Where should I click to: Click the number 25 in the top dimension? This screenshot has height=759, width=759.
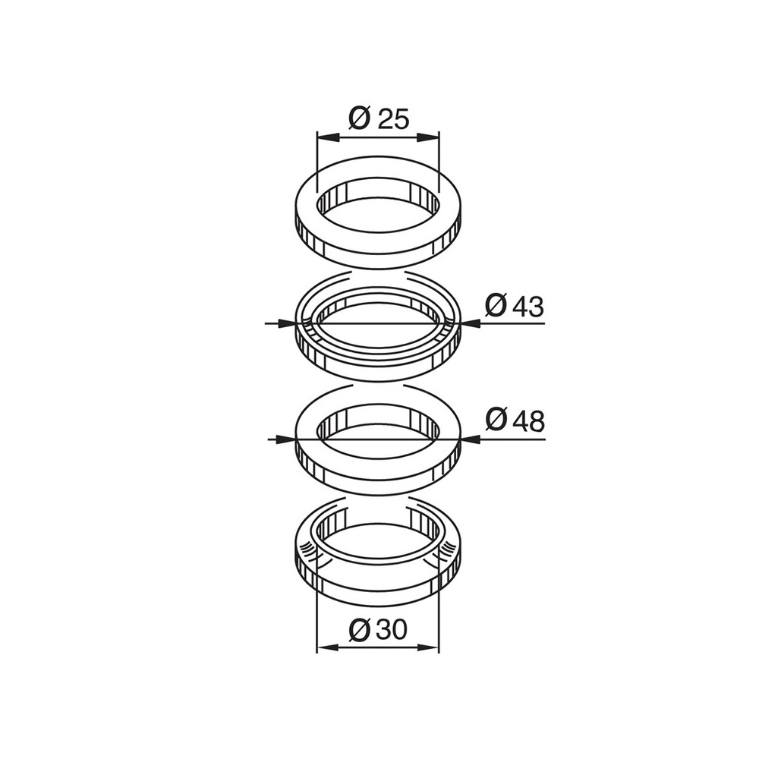pyautogui.click(x=393, y=118)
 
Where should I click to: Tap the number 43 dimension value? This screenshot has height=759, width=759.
pyautogui.click(x=528, y=307)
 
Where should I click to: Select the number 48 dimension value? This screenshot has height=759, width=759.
pyautogui.click(x=528, y=420)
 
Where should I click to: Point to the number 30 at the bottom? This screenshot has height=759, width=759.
pyautogui.click(x=391, y=630)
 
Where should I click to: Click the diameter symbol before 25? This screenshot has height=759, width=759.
pyautogui.click(x=360, y=118)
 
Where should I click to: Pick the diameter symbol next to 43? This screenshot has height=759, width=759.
pyautogui.click(x=496, y=306)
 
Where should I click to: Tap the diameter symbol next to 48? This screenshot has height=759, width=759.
pyautogui.click(x=496, y=420)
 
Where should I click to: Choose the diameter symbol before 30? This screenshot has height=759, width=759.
pyautogui.click(x=359, y=630)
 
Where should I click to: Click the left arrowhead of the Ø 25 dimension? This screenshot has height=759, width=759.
pyautogui.click(x=326, y=137)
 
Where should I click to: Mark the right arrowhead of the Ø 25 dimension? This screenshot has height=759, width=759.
pyautogui.click(x=428, y=137)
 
